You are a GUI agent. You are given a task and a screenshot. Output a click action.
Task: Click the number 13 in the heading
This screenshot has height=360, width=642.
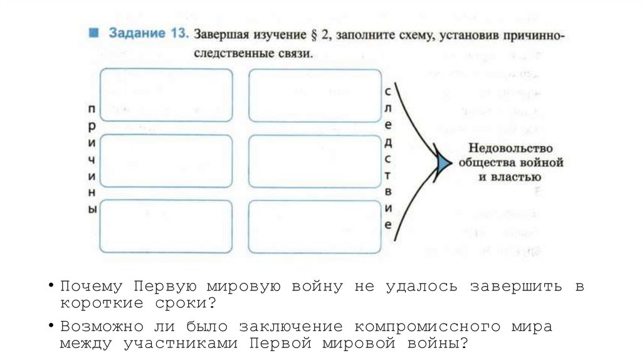tap(177, 34)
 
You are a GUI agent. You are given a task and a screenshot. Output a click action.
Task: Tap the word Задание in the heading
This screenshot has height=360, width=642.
tap(137, 34)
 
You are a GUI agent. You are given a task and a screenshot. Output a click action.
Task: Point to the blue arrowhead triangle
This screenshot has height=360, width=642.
tap(443, 162)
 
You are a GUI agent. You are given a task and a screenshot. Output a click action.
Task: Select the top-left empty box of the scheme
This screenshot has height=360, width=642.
tap(166, 95)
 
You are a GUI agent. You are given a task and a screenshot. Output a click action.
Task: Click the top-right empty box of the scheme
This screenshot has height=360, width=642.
tap(315, 95)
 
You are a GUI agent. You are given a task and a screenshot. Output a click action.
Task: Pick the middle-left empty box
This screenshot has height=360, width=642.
tap(166, 161)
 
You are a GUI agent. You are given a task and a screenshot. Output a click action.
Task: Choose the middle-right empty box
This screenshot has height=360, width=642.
tap(315, 161)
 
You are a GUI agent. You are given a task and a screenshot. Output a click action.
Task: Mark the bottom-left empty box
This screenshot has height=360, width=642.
tap(166, 226)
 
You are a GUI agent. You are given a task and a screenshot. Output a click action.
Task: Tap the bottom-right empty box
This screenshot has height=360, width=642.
tap(315, 226)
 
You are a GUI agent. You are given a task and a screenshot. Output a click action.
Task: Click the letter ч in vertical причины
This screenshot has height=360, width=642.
tap(92, 159)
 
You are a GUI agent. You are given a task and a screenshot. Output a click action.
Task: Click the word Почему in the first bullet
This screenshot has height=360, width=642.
tap(92, 287)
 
